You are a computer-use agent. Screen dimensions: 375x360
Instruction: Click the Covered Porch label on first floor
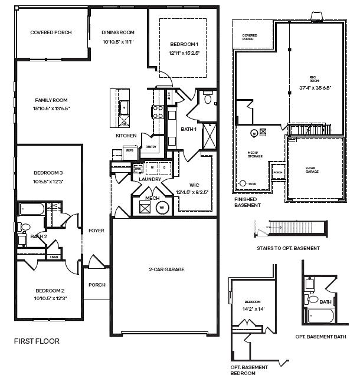[x=51, y=32]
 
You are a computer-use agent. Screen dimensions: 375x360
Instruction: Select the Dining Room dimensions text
[x=118, y=42]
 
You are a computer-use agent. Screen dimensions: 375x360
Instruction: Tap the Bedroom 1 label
[x=184, y=45]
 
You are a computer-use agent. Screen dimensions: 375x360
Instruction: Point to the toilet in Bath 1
[x=207, y=99]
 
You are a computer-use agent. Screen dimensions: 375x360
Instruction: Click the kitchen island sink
[x=125, y=108]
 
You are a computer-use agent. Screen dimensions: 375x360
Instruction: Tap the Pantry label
[x=150, y=147]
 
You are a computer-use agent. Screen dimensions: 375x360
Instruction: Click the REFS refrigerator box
[x=130, y=150]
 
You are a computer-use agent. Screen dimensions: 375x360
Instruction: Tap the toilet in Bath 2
[x=25, y=227]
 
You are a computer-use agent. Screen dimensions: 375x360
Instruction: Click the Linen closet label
[x=54, y=256]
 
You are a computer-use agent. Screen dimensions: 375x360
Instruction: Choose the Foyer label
[x=96, y=231]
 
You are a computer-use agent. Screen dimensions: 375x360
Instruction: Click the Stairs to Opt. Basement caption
[x=288, y=248]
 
